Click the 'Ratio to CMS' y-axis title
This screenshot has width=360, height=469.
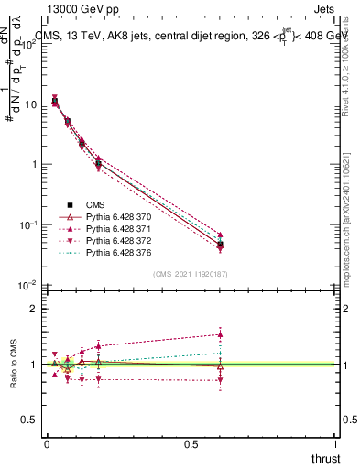14,365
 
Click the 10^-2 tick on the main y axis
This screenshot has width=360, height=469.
27,285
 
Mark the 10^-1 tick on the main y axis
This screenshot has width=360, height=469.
27,224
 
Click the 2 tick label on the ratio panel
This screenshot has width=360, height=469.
33,309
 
